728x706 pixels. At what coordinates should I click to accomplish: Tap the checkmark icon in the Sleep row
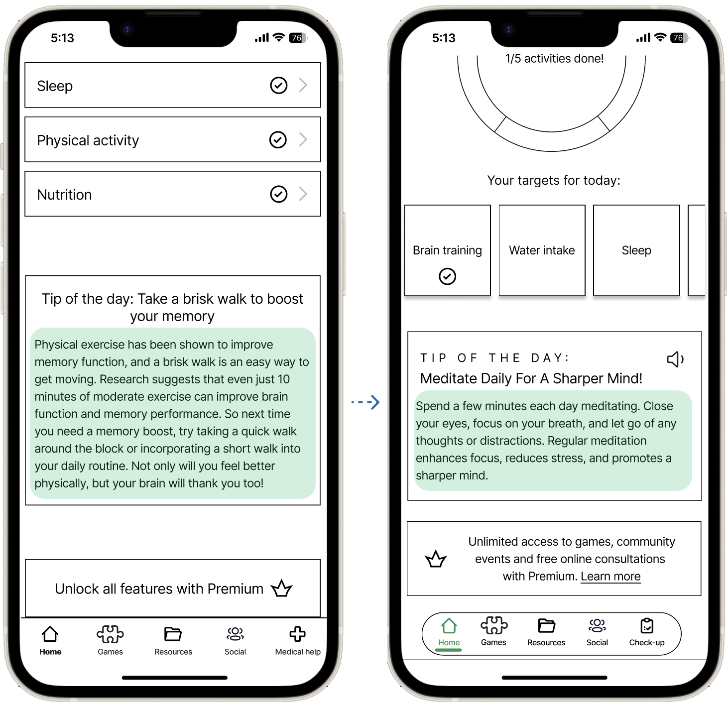[278, 86]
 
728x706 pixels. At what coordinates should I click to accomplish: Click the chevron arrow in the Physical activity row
[303, 139]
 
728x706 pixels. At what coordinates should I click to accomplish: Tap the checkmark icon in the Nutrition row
[278, 194]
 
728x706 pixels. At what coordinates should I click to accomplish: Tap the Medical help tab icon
[298, 634]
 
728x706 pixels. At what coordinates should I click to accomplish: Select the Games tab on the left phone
[110, 640]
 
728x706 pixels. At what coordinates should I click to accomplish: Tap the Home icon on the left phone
[50, 634]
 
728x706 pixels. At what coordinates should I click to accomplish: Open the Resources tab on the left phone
[173, 640]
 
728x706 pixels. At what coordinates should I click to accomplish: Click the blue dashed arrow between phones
[366, 402]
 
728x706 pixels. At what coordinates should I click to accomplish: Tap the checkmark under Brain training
[447, 276]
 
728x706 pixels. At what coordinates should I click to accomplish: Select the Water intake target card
[542, 250]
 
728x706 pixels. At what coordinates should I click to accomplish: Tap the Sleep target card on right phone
[636, 250]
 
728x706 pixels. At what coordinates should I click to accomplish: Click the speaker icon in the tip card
[675, 359]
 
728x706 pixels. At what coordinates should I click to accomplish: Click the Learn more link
[610, 576]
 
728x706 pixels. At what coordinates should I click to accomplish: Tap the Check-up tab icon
[647, 625]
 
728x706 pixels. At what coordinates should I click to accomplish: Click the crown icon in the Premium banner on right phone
[436, 559]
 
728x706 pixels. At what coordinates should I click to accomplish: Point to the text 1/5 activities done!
[554, 59]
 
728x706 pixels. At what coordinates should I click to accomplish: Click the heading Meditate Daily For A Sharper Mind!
[531, 378]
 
